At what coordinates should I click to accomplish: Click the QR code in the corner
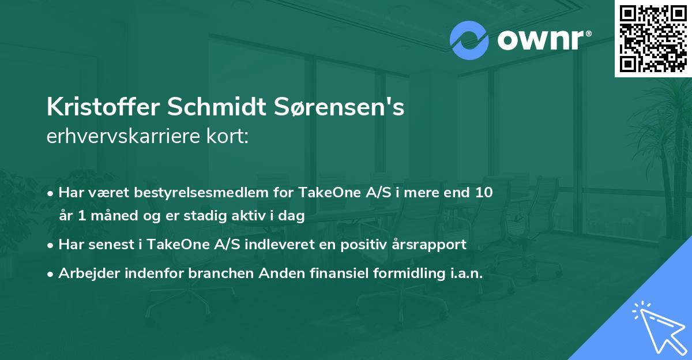pyautogui.click(x=653, y=38)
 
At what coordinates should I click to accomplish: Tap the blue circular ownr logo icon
pyautogui.click(x=469, y=40)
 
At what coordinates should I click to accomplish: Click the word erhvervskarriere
pyautogui.click(x=124, y=137)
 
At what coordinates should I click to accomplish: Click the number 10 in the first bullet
pyautogui.click(x=484, y=192)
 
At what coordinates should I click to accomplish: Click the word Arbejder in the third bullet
pyautogui.click(x=84, y=273)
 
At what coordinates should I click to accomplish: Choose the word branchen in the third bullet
pyautogui.click(x=215, y=273)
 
